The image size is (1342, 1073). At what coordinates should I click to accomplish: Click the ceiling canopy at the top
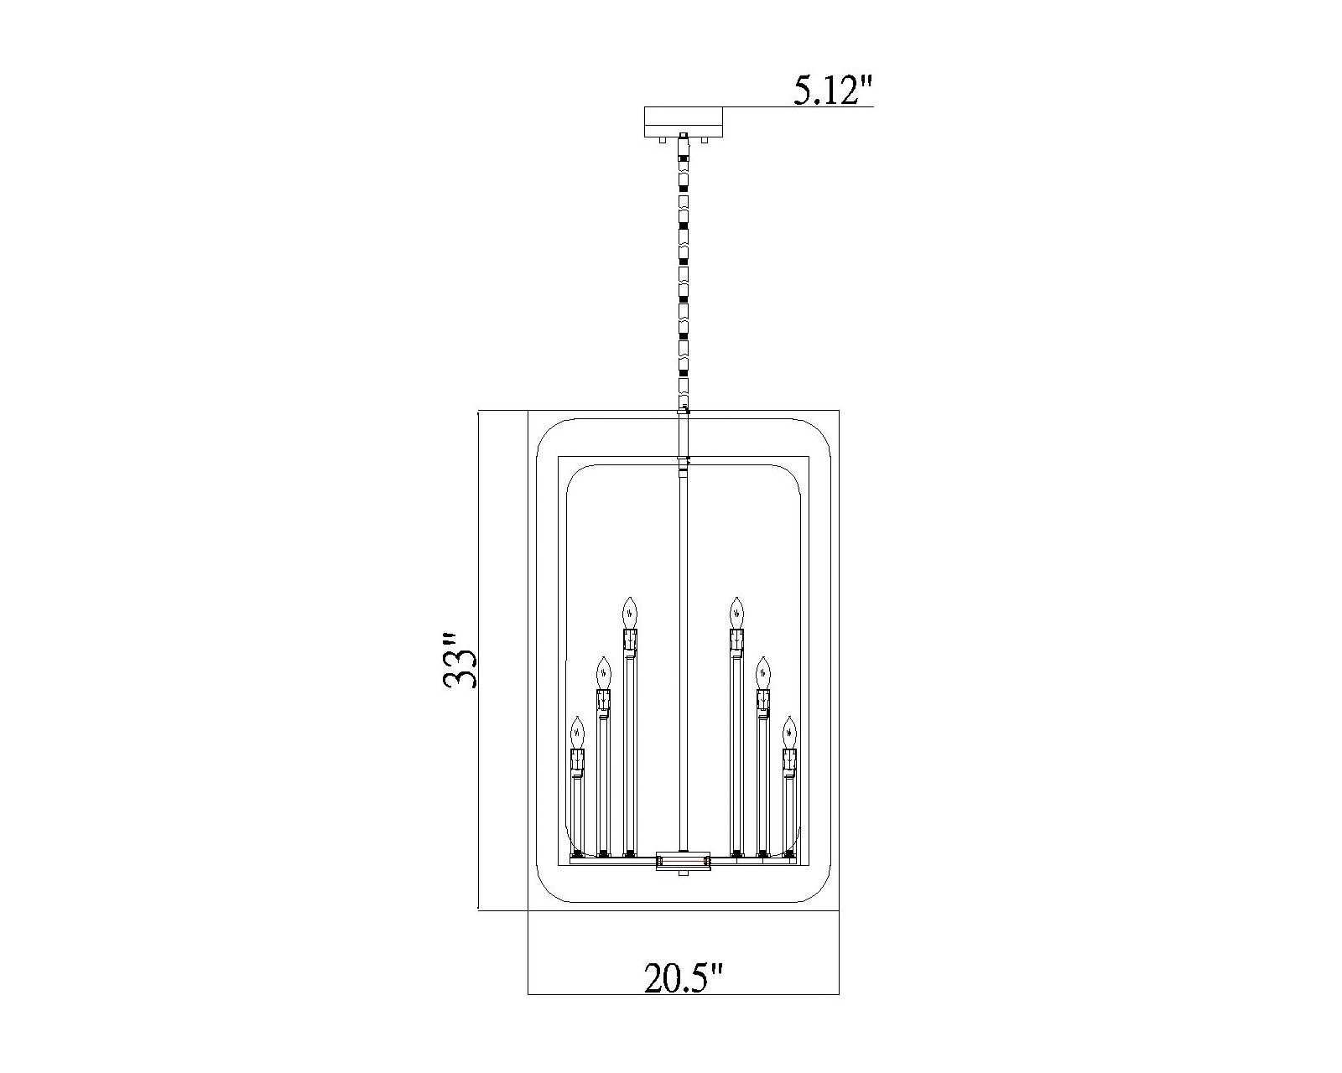(x=683, y=122)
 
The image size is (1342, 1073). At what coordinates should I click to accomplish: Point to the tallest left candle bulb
(x=630, y=612)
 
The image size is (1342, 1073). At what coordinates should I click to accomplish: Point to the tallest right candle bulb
(x=736, y=612)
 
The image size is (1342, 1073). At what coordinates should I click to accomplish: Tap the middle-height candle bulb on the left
(x=602, y=672)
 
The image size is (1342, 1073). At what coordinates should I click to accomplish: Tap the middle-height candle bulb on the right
(x=762, y=672)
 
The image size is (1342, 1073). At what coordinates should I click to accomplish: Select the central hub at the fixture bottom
(x=683, y=860)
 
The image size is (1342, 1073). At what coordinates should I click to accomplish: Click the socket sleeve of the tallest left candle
(x=630, y=642)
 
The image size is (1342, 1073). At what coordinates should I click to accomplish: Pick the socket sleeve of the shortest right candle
(x=788, y=760)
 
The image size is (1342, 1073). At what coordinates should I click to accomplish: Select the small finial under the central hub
(x=683, y=874)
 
